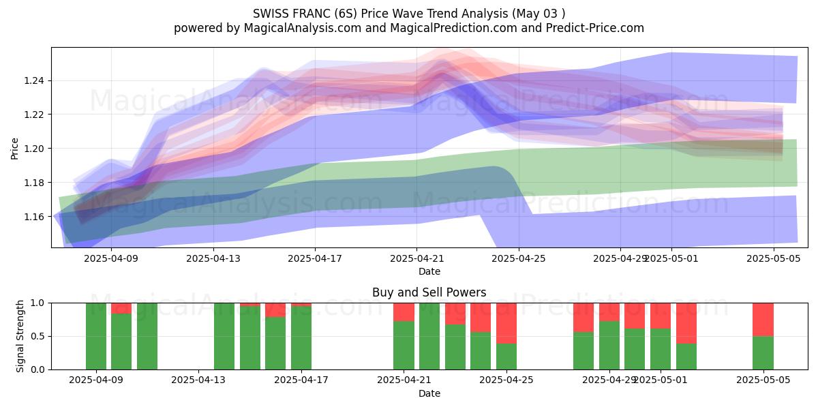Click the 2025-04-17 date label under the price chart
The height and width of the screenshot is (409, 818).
[314, 258]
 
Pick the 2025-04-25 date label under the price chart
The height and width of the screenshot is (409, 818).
[519, 258]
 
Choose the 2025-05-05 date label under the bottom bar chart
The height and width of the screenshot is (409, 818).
[763, 380]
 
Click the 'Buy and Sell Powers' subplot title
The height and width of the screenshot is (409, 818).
[429, 292]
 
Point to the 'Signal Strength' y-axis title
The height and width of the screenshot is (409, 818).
[20, 336]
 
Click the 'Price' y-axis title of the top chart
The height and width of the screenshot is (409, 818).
[15, 148]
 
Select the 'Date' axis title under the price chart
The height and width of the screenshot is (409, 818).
[429, 271]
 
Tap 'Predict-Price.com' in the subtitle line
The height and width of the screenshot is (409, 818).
[594, 28]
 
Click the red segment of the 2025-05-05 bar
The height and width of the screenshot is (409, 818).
[763, 319]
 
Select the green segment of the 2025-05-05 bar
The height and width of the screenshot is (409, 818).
[763, 353]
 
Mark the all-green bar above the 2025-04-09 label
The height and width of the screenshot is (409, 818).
[96, 336]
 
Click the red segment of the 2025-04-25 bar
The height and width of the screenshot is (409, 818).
[506, 322]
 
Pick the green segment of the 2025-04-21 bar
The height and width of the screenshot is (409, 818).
[404, 345]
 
